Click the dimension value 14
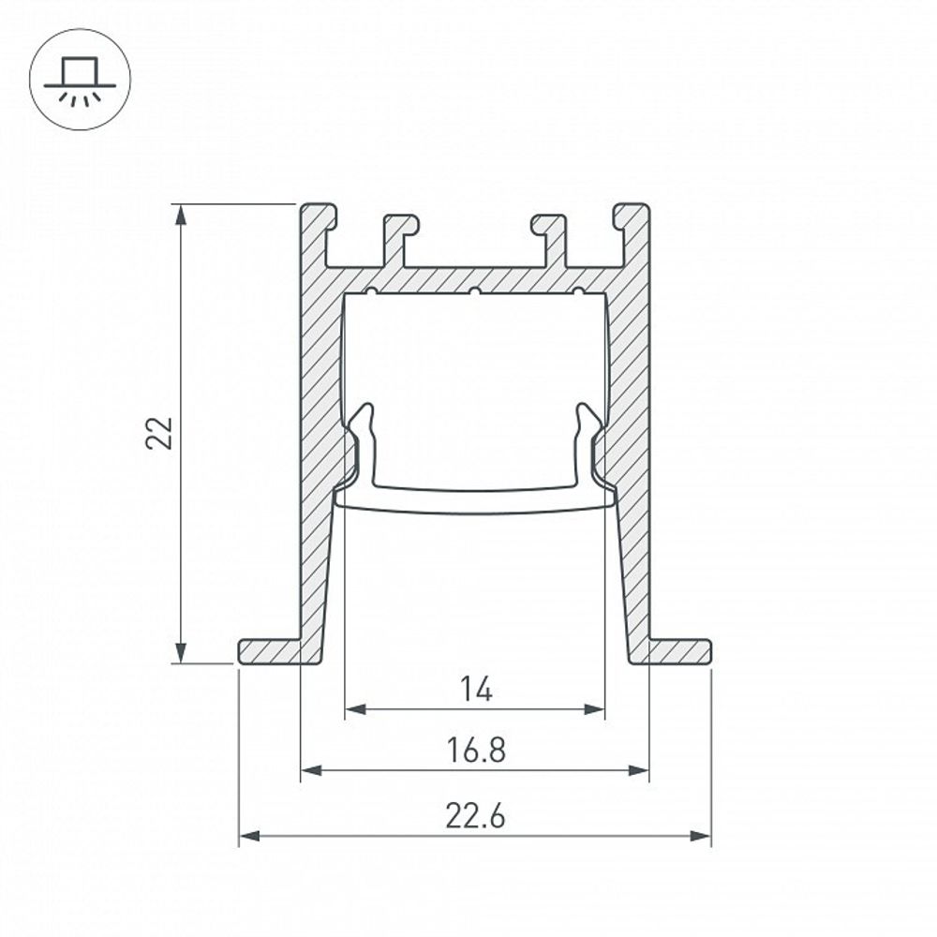coord(476,691)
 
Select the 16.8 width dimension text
coord(476,751)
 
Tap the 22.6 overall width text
coord(475,817)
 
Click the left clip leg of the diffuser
coord(365,440)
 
